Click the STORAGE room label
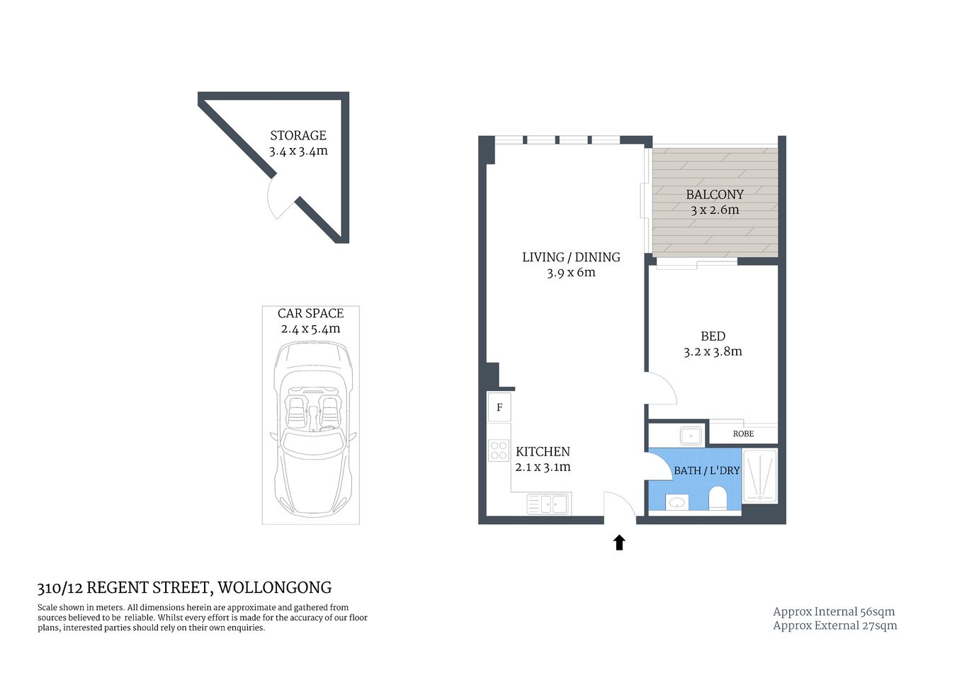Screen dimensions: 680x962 pos(298,135)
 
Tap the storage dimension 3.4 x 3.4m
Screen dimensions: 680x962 pos(298,151)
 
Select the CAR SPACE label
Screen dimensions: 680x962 pos(310,313)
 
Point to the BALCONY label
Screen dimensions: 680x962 pos(714,194)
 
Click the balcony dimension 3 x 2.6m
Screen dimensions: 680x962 pos(714,210)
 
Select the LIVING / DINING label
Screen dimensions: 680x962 pos(571,257)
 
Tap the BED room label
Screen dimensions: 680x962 pos(713,336)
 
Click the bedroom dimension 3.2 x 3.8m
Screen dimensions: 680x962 pos(713,351)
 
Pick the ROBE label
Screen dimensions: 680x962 pos(743,433)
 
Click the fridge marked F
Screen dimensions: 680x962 pos(499,407)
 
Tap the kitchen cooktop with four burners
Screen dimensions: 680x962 pos(499,451)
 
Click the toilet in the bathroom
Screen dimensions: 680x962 pos(718,498)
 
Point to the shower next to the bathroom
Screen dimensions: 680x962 pos(759,476)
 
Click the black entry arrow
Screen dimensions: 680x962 pos(619,543)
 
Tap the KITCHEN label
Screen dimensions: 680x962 pos(543,451)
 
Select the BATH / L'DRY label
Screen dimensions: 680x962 pos(706,470)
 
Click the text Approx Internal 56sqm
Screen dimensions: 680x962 pos(834,611)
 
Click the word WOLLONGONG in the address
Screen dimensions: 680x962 pos(274,587)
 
